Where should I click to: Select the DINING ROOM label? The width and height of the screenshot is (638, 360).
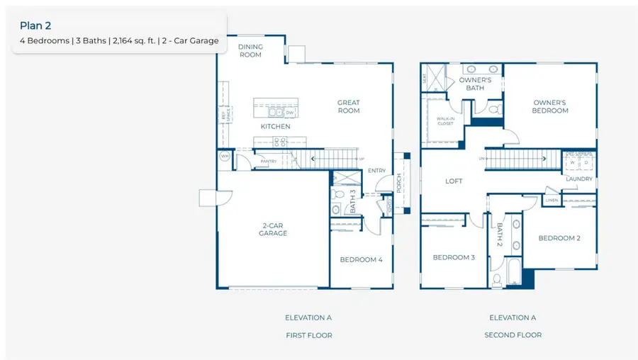tap(250, 50)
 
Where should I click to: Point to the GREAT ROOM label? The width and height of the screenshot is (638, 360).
tap(348, 106)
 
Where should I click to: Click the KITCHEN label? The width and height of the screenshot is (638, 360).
tap(275, 127)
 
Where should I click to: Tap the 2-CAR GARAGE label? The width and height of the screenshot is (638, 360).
tap(273, 229)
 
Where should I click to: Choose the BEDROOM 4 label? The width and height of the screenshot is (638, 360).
tap(361, 260)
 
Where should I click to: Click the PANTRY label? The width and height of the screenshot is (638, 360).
tap(269, 162)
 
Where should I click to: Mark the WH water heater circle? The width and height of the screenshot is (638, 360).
tap(225, 157)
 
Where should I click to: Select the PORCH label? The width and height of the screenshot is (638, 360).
tap(399, 184)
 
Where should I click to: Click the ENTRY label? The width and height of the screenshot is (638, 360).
tap(376, 170)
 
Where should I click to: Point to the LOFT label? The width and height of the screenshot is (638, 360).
tap(454, 181)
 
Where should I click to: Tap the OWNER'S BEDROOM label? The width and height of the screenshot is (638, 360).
tap(550, 106)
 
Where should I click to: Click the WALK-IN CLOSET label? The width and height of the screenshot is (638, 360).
tap(445, 121)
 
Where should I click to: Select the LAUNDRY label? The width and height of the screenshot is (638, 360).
tap(579, 179)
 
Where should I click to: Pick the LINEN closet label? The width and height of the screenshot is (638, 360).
tap(552, 201)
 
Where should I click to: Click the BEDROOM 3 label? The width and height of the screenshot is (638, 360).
tap(454, 257)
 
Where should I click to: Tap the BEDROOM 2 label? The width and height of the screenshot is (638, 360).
tap(559, 238)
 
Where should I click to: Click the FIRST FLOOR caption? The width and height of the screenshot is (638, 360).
tap(308, 335)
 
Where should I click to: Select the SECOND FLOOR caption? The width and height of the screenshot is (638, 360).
tap(513, 335)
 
